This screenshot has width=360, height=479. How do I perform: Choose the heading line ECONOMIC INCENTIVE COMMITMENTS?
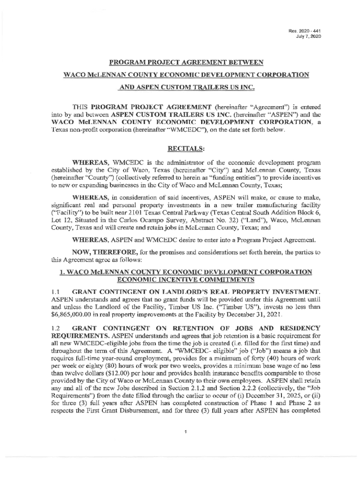click(184, 280)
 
